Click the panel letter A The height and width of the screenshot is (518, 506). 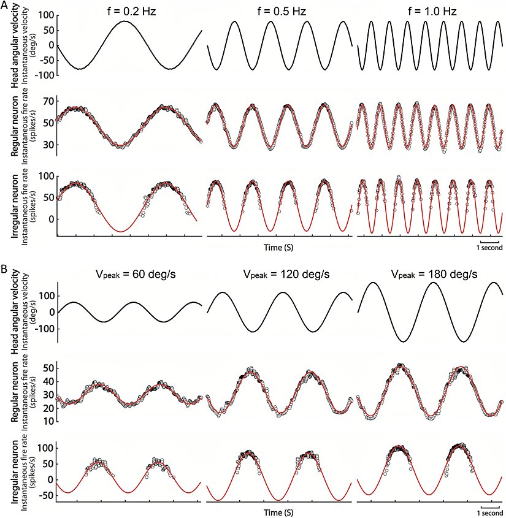click(6, 7)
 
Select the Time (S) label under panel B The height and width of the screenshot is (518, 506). click(278, 510)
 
